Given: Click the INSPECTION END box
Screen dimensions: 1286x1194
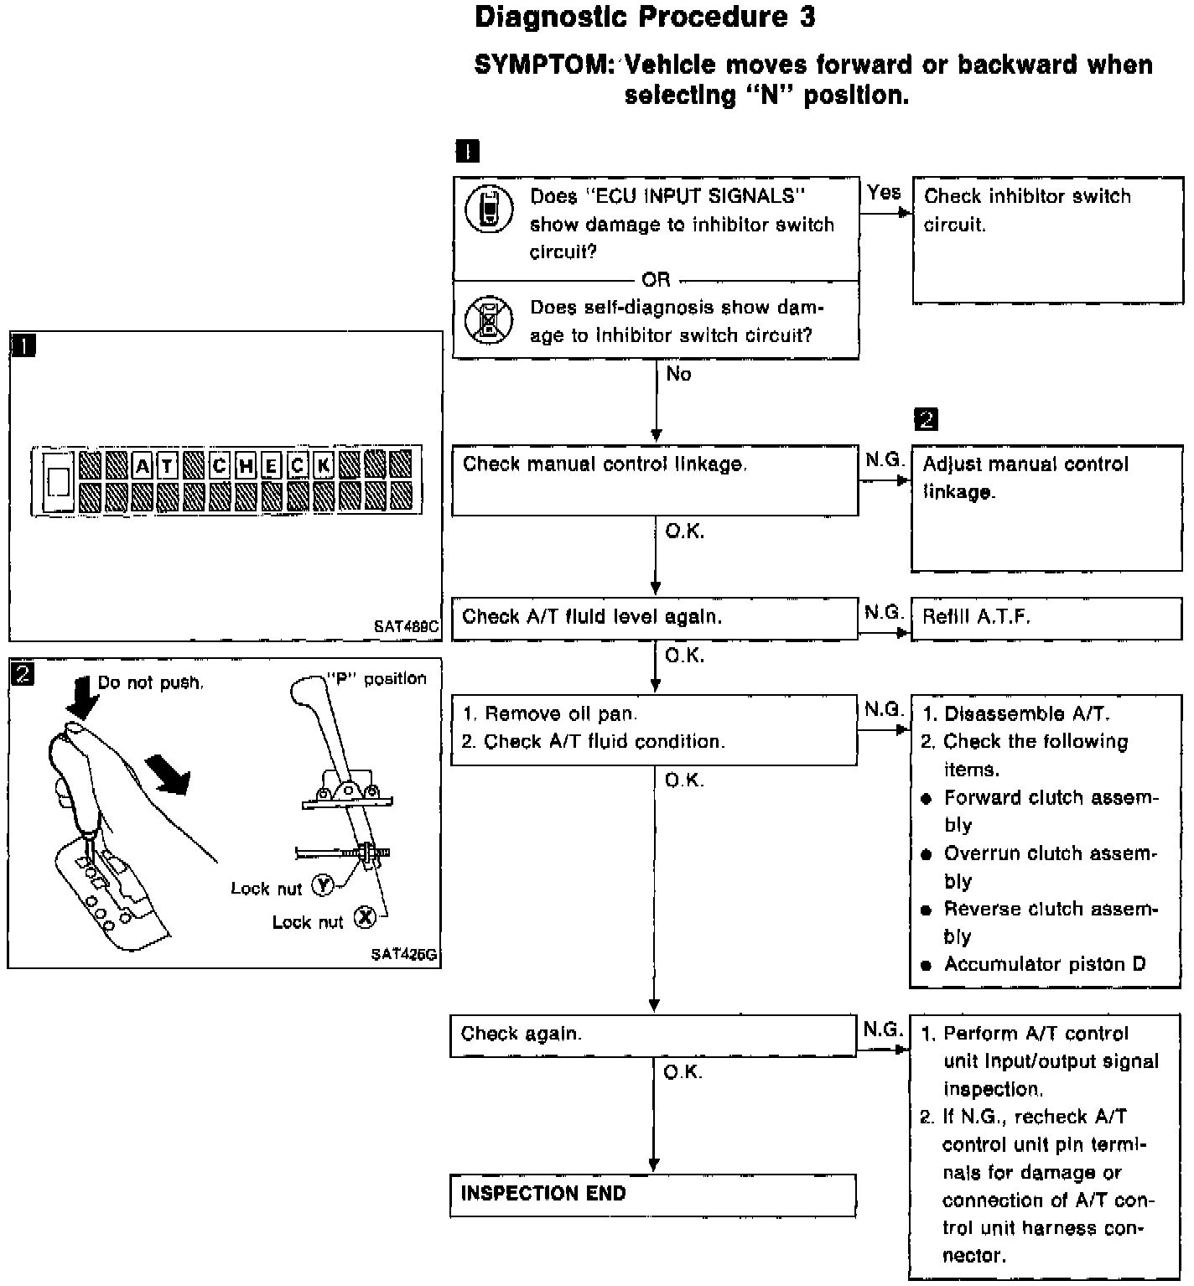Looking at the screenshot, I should [x=652, y=1195].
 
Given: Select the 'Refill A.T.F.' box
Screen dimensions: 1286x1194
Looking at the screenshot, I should [x=1046, y=618].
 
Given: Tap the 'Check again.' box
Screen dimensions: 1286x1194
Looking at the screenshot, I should [x=653, y=1035].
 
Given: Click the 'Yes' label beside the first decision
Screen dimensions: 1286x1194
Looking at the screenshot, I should [x=884, y=193].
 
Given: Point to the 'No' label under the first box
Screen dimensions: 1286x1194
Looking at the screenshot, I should [x=678, y=374].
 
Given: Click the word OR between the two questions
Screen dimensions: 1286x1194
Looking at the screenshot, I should [x=656, y=279].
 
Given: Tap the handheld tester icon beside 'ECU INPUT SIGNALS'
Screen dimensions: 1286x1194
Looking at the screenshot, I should [x=489, y=209].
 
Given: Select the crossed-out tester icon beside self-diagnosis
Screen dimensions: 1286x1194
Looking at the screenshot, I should [x=489, y=319].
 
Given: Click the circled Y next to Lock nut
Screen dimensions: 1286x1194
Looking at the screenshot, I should [x=323, y=885].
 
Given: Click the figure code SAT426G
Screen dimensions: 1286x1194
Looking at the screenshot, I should [x=404, y=955].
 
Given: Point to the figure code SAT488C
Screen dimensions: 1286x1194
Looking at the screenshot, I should [x=406, y=626].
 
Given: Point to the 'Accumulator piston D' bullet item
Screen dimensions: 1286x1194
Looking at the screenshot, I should [x=1044, y=964].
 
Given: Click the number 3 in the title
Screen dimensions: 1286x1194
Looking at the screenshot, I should [x=806, y=18].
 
